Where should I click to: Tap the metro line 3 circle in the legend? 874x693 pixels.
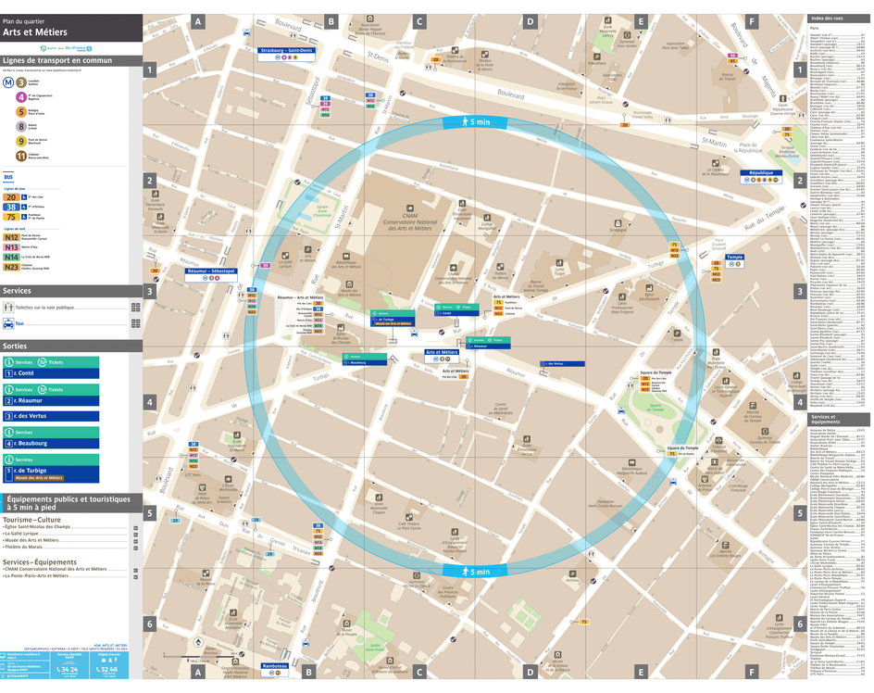point(21,82)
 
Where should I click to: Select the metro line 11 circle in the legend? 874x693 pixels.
point(21,156)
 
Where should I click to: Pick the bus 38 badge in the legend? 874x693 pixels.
point(11,208)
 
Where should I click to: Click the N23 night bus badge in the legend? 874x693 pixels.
point(11,267)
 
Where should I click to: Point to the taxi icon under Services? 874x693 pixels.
point(8,323)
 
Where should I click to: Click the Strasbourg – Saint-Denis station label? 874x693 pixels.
point(286,51)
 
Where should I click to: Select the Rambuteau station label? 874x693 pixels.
point(275,666)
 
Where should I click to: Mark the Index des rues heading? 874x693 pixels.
point(827,19)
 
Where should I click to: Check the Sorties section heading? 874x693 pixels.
point(16,346)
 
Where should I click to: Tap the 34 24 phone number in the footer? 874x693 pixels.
point(68,669)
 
